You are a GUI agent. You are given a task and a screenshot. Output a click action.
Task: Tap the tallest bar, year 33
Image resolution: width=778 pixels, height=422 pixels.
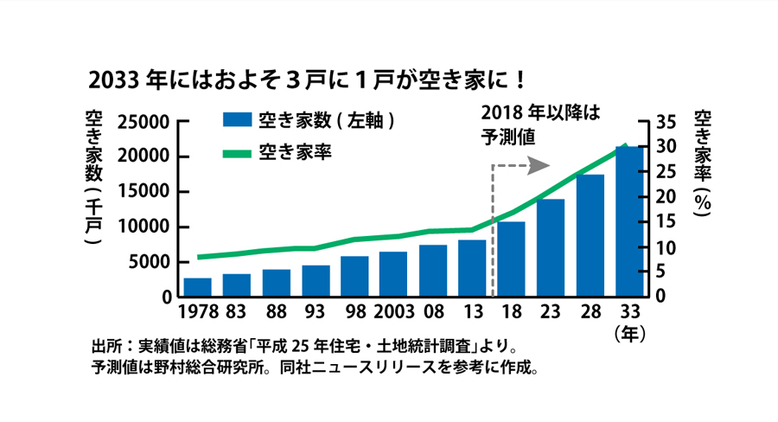(x=629, y=221)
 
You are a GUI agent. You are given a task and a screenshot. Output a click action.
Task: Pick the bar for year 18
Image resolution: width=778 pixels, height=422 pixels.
(x=511, y=259)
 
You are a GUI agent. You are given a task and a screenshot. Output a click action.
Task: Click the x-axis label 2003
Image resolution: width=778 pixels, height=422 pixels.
(x=393, y=310)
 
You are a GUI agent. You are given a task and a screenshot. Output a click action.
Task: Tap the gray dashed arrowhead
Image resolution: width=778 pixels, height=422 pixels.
(x=542, y=163)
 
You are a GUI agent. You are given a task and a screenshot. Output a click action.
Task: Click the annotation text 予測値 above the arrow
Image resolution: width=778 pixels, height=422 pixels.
(x=507, y=137)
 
